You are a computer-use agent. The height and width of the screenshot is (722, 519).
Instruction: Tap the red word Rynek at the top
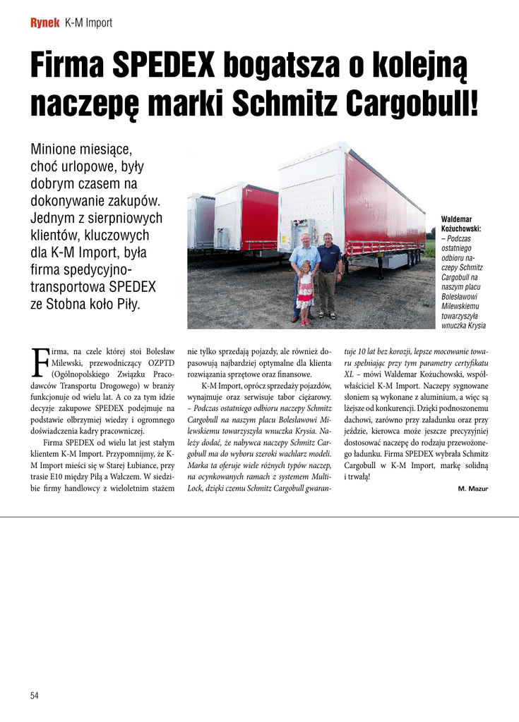click(x=44, y=23)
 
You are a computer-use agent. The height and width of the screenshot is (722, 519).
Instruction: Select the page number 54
click(x=34, y=695)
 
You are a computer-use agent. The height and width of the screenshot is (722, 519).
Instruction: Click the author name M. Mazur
click(x=472, y=489)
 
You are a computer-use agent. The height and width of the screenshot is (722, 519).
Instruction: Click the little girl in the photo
click(x=305, y=293)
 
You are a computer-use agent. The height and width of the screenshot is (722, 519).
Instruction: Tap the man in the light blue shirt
click(x=304, y=268)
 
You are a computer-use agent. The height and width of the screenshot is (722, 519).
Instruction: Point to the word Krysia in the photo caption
click(x=475, y=326)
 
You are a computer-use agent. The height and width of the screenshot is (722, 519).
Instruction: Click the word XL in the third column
click(x=349, y=374)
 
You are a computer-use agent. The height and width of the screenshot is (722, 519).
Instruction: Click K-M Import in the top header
click(x=88, y=23)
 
